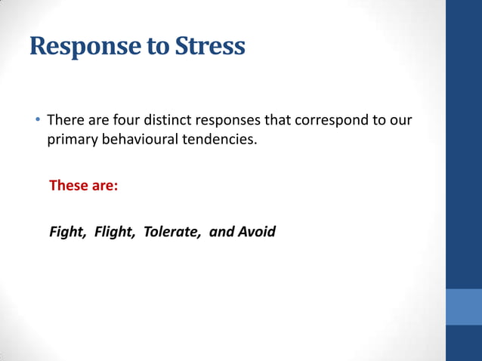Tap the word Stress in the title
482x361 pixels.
click(210, 47)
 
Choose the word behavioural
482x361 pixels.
click(138, 139)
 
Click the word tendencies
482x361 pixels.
click(219, 139)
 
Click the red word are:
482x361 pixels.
click(105, 185)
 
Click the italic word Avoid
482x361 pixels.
click(257, 231)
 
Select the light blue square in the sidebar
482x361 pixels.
click(464, 307)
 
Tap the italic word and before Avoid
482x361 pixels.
click(221, 231)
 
